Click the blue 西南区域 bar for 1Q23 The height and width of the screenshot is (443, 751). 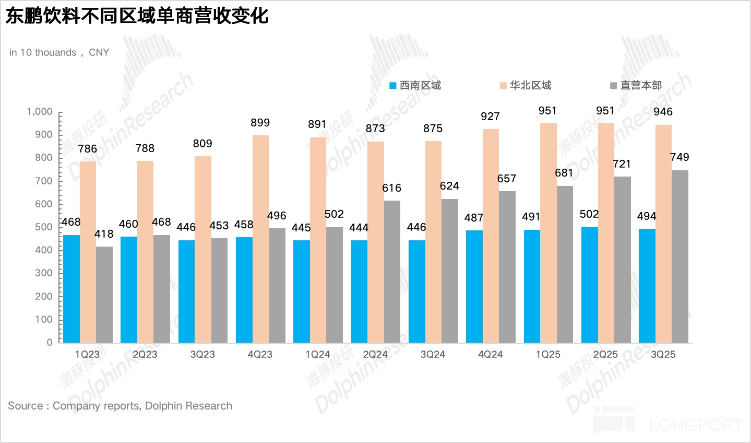pyautogui.click(x=71, y=289)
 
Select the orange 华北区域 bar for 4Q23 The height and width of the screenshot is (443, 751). pyautogui.click(x=260, y=239)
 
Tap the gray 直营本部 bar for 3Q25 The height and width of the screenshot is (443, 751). pyautogui.click(x=680, y=256)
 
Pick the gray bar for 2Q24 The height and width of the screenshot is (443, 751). pyautogui.click(x=392, y=272)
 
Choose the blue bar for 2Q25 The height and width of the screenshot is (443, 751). pyautogui.click(x=589, y=285)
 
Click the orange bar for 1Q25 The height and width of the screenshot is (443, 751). pyautogui.click(x=548, y=233)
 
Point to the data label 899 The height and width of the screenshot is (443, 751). pyautogui.click(x=260, y=123)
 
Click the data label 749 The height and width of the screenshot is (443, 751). pyautogui.click(x=680, y=157)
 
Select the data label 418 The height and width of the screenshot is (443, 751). pyautogui.click(x=104, y=234)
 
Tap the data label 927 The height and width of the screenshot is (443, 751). pyautogui.click(x=490, y=116)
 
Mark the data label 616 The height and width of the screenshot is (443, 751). pyautogui.click(x=391, y=188)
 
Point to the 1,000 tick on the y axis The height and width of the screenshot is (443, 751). pyautogui.click(x=40, y=112)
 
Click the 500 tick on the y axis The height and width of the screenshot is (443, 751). pyautogui.click(x=44, y=227)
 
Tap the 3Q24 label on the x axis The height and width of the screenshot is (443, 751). pyautogui.click(x=433, y=354)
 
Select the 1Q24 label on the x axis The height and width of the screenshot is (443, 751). pyautogui.click(x=317, y=354)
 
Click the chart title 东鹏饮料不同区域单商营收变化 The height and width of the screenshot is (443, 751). pyautogui.click(x=137, y=16)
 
